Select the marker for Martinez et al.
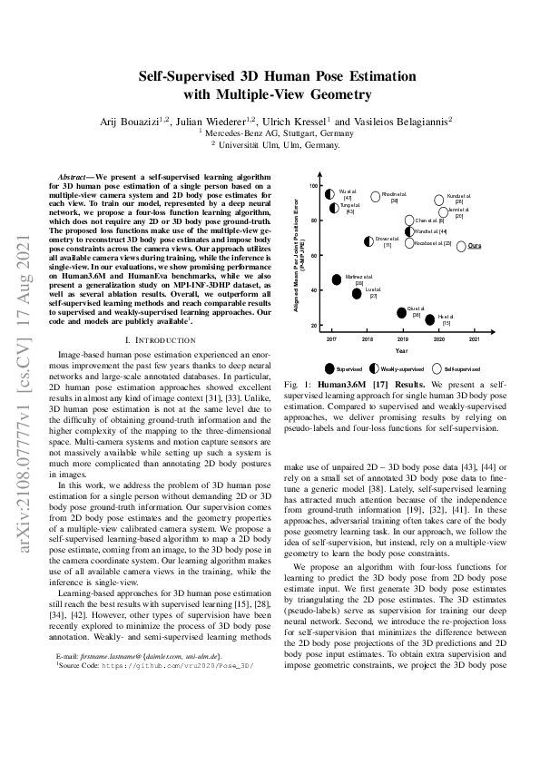point(338,279)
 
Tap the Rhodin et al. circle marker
point(376,195)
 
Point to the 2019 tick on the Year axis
point(403,338)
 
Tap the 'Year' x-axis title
point(401,350)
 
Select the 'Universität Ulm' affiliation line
point(270,143)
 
